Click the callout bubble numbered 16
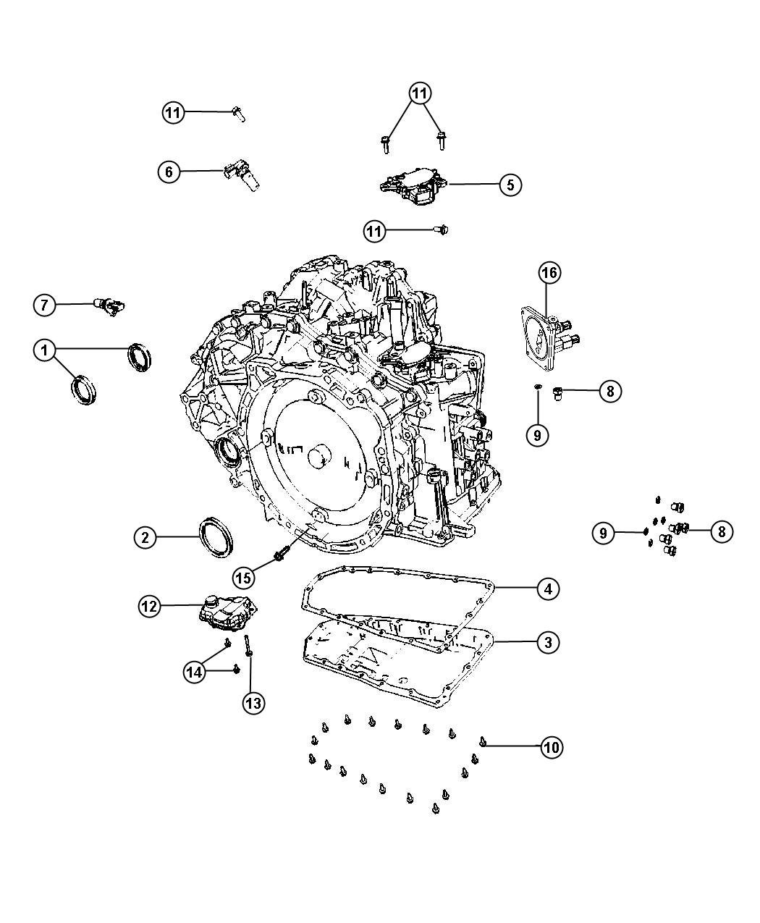[549, 273]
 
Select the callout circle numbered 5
[510, 185]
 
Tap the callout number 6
[169, 172]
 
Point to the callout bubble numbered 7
[44, 305]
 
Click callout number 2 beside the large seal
[145, 537]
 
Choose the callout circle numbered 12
[149, 606]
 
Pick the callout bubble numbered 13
[253, 701]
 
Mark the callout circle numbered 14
[193, 672]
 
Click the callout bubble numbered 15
[244, 577]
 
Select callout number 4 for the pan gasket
[548, 589]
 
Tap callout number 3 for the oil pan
[548, 641]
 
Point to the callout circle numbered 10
[552, 747]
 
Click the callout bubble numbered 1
[44, 351]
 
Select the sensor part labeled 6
[241, 176]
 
